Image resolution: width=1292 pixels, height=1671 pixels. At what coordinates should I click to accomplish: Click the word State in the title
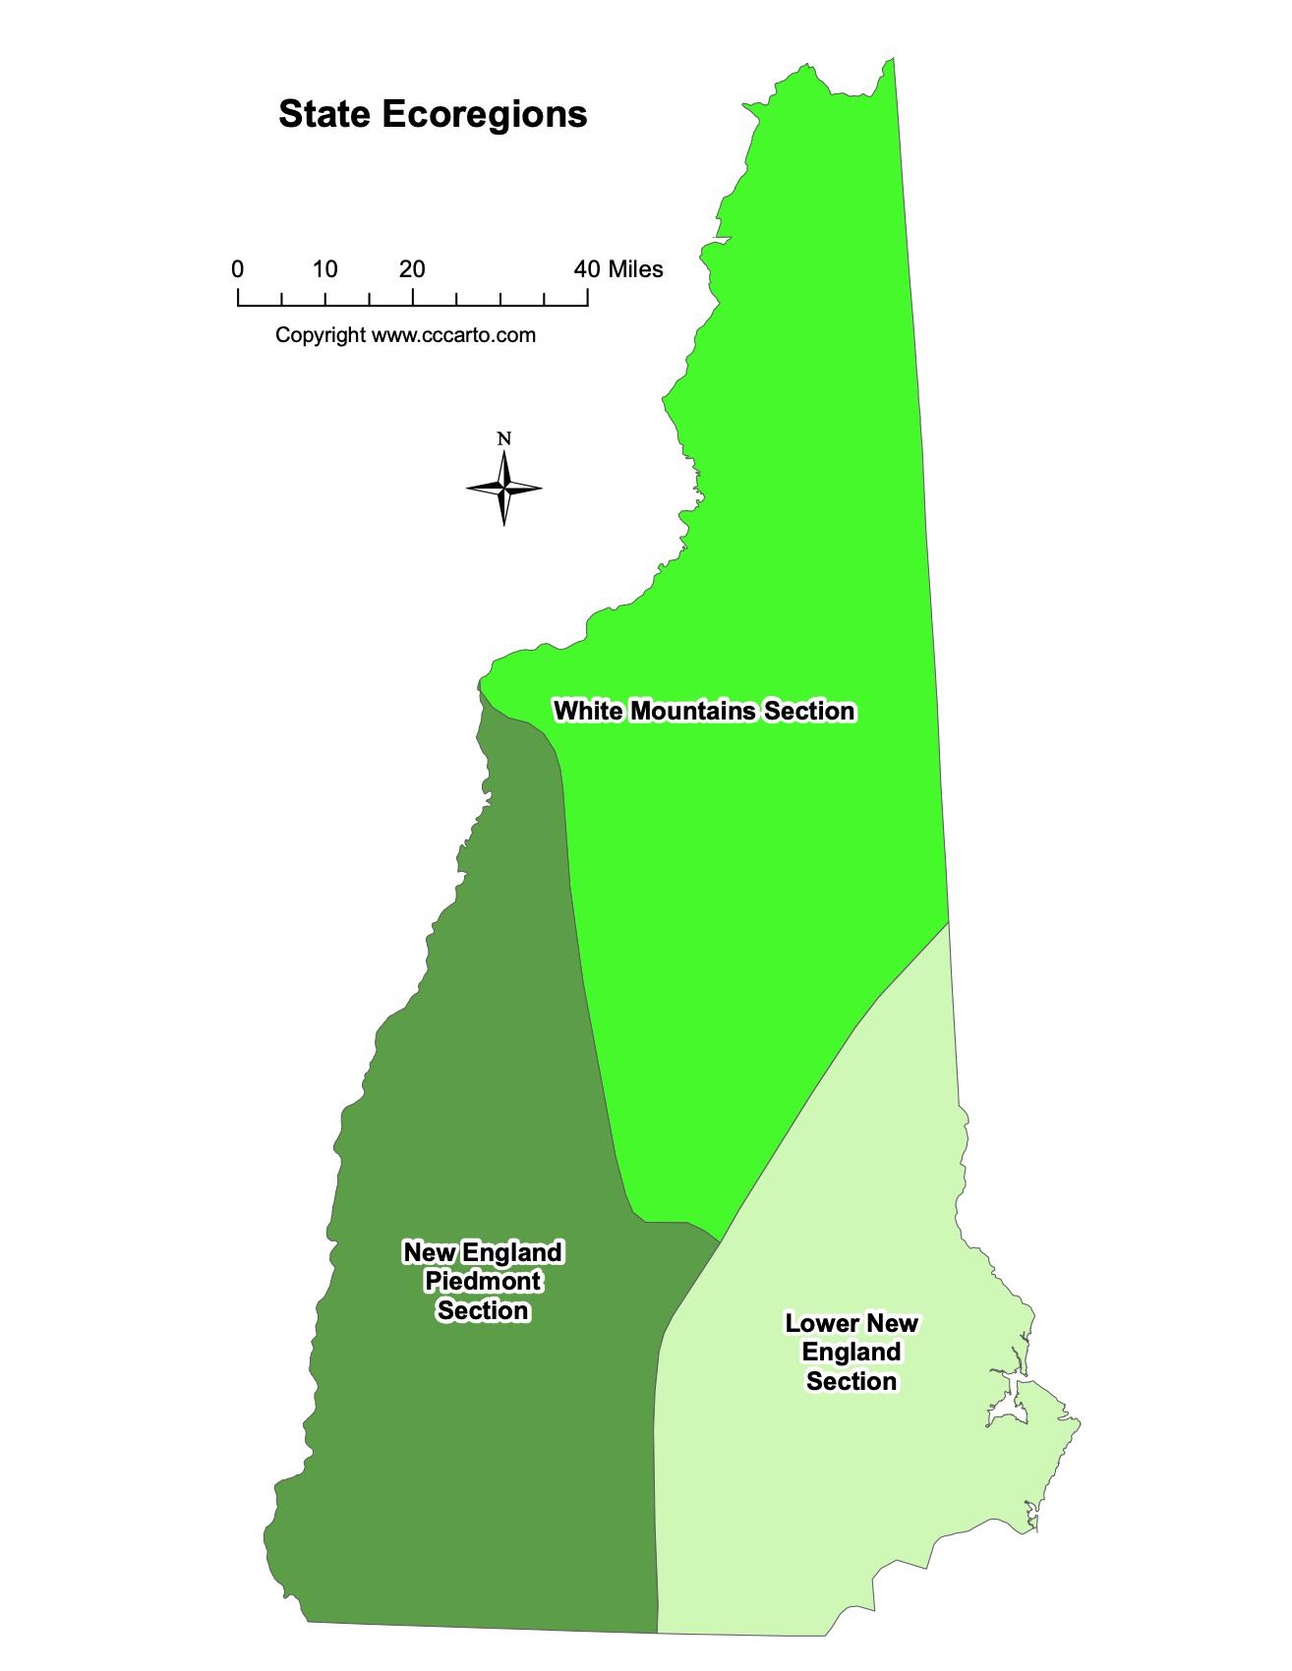click(323, 114)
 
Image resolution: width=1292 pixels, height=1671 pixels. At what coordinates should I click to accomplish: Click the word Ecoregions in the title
click(484, 116)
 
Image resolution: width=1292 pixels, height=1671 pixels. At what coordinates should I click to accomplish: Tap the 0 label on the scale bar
click(238, 269)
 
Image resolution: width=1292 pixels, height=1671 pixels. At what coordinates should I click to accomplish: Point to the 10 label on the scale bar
click(325, 269)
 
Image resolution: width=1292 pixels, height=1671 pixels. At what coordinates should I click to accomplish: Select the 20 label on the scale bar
click(413, 269)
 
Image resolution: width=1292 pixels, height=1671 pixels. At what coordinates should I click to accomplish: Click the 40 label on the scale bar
click(587, 269)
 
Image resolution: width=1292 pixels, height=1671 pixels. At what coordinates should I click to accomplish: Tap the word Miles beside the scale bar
click(635, 269)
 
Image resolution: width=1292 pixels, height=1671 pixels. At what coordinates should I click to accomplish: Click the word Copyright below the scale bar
click(320, 335)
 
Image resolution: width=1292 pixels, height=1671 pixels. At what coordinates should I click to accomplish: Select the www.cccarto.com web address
click(453, 335)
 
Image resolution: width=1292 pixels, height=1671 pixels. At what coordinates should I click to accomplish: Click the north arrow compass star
click(504, 488)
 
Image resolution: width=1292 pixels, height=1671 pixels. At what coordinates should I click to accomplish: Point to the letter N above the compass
click(504, 439)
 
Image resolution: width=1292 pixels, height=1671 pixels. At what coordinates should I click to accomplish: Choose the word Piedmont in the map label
click(483, 1282)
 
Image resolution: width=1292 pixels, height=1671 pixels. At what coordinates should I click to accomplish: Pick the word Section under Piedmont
click(483, 1311)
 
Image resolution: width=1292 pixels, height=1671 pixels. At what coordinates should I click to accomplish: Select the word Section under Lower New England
click(852, 1382)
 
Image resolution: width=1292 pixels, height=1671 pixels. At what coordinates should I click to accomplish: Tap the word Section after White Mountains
click(810, 711)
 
